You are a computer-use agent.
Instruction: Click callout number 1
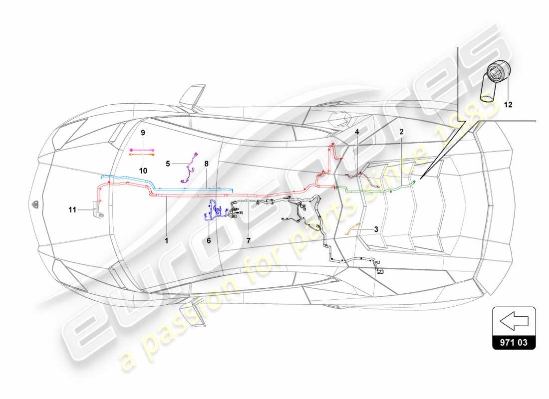[x=167, y=240]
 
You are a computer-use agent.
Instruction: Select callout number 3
[x=375, y=230]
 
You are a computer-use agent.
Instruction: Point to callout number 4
[x=357, y=132]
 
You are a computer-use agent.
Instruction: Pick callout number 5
[x=168, y=163]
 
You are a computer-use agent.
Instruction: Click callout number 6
[x=209, y=240]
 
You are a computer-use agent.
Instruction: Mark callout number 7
[x=248, y=240]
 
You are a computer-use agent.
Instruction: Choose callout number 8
[x=206, y=163]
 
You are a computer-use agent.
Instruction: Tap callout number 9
[x=142, y=133]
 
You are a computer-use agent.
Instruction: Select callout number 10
[x=143, y=170]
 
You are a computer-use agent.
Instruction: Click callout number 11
[x=72, y=210]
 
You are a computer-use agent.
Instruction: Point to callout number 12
[x=508, y=105]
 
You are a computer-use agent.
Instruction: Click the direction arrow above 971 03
[x=514, y=322]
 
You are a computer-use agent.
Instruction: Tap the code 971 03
[x=514, y=343]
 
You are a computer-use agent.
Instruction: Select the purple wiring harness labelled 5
[x=189, y=167]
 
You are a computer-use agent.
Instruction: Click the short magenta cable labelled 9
[x=141, y=149]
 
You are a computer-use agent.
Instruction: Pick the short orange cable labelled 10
[x=141, y=155]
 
